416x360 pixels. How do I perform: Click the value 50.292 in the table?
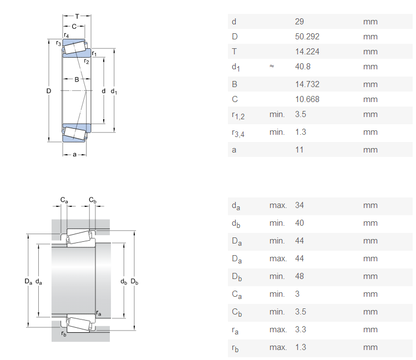pyautogui.click(x=307, y=37)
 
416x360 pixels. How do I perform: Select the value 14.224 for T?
pyautogui.click(x=307, y=52)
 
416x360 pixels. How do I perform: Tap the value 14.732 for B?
pyautogui.click(x=307, y=84)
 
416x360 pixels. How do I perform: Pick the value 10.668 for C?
pyautogui.click(x=307, y=99)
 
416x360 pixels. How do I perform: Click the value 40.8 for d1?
pyautogui.click(x=302, y=67)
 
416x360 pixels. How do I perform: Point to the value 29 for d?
pyautogui.click(x=300, y=22)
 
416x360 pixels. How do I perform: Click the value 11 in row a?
pyautogui.click(x=299, y=150)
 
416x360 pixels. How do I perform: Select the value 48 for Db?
pyautogui.click(x=300, y=276)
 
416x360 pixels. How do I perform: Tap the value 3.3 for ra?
pyautogui.click(x=300, y=329)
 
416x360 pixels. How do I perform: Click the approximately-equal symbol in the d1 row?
pyautogui.click(x=272, y=66)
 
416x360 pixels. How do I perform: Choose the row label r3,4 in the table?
pyautogui.click(x=238, y=133)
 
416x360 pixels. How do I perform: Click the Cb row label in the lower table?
pyautogui.click(x=237, y=312)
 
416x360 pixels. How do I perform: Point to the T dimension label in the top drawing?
pyautogui.click(x=77, y=17)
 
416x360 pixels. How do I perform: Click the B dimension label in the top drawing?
pyautogui.click(x=77, y=79)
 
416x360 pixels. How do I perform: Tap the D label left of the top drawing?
pyautogui.click(x=49, y=91)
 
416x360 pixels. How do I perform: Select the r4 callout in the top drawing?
pyautogui.click(x=67, y=36)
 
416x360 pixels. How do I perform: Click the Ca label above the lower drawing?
pyautogui.click(x=64, y=200)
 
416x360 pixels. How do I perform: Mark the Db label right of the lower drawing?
pyautogui.click(x=134, y=282)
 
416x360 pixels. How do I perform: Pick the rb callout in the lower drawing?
pyautogui.click(x=64, y=334)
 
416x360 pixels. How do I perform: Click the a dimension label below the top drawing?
pyautogui.click(x=74, y=154)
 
